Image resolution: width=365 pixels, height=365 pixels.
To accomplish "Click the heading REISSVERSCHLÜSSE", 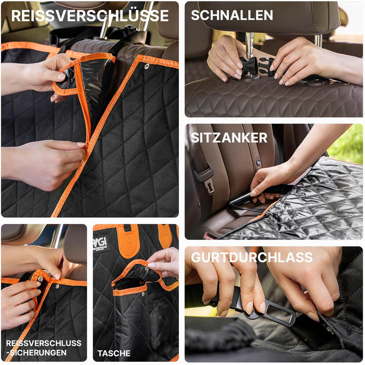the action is [90, 16].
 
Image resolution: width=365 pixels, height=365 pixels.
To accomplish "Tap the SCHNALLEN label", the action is [232, 15].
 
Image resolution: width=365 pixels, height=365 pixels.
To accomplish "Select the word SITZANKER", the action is [229, 138].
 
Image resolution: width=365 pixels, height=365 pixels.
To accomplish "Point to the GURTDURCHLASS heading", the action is [252, 257].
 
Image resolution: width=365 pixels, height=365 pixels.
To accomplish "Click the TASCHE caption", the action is [114, 354].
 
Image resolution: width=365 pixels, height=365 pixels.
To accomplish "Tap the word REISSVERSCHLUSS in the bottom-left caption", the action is [44, 343].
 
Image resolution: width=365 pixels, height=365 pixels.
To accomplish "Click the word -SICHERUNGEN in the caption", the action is [36, 352].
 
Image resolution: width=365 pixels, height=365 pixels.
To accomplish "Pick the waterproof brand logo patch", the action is [101, 244].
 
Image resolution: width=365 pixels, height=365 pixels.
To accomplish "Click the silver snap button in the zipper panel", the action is [147, 66].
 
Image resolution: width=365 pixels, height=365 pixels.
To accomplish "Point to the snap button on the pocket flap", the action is [147, 270].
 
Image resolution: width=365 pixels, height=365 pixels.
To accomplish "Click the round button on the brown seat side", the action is [258, 162].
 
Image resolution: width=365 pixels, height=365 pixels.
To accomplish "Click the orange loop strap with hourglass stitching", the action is [128, 240].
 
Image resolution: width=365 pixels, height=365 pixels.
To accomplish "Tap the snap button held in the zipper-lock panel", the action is [41, 278].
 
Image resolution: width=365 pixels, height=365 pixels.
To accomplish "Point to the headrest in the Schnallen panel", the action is [269, 17].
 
